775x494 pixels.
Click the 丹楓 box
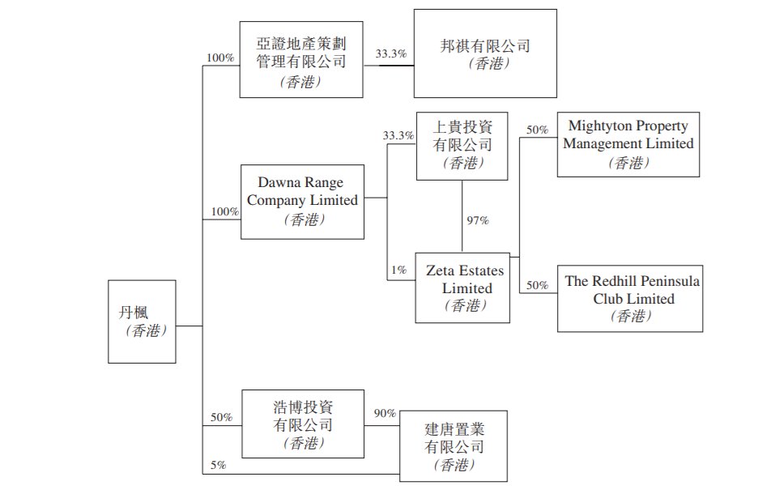pyautogui.click(x=142, y=321)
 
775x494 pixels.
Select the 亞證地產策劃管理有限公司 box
pyautogui.click(x=302, y=60)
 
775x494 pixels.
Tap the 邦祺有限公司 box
pyautogui.click(x=484, y=53)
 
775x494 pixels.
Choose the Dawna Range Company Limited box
pyautogui.click(x=302, y=202)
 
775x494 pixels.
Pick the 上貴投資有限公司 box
pyautogui.click(x=462, y=145)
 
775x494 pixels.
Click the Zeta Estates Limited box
pyautogui.click(x=462, y=287)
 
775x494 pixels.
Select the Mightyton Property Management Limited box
pyautogui.click(x=628, y=144)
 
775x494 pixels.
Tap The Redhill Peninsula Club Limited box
pyautogui.click(x=630, y=297)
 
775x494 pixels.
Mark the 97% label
pyautogui.click(x=478, y=219)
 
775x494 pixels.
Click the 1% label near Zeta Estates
pyautogui.click(x=398, y=270)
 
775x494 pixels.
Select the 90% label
pyautogui.click(x=385, y=414)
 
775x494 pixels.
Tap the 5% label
pyautogui.click(x=219, y=465)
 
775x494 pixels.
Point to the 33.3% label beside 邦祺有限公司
pyautogui.click(x=391, y=54)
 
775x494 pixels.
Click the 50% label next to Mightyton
pyautogui.click(x=537, y=130)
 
